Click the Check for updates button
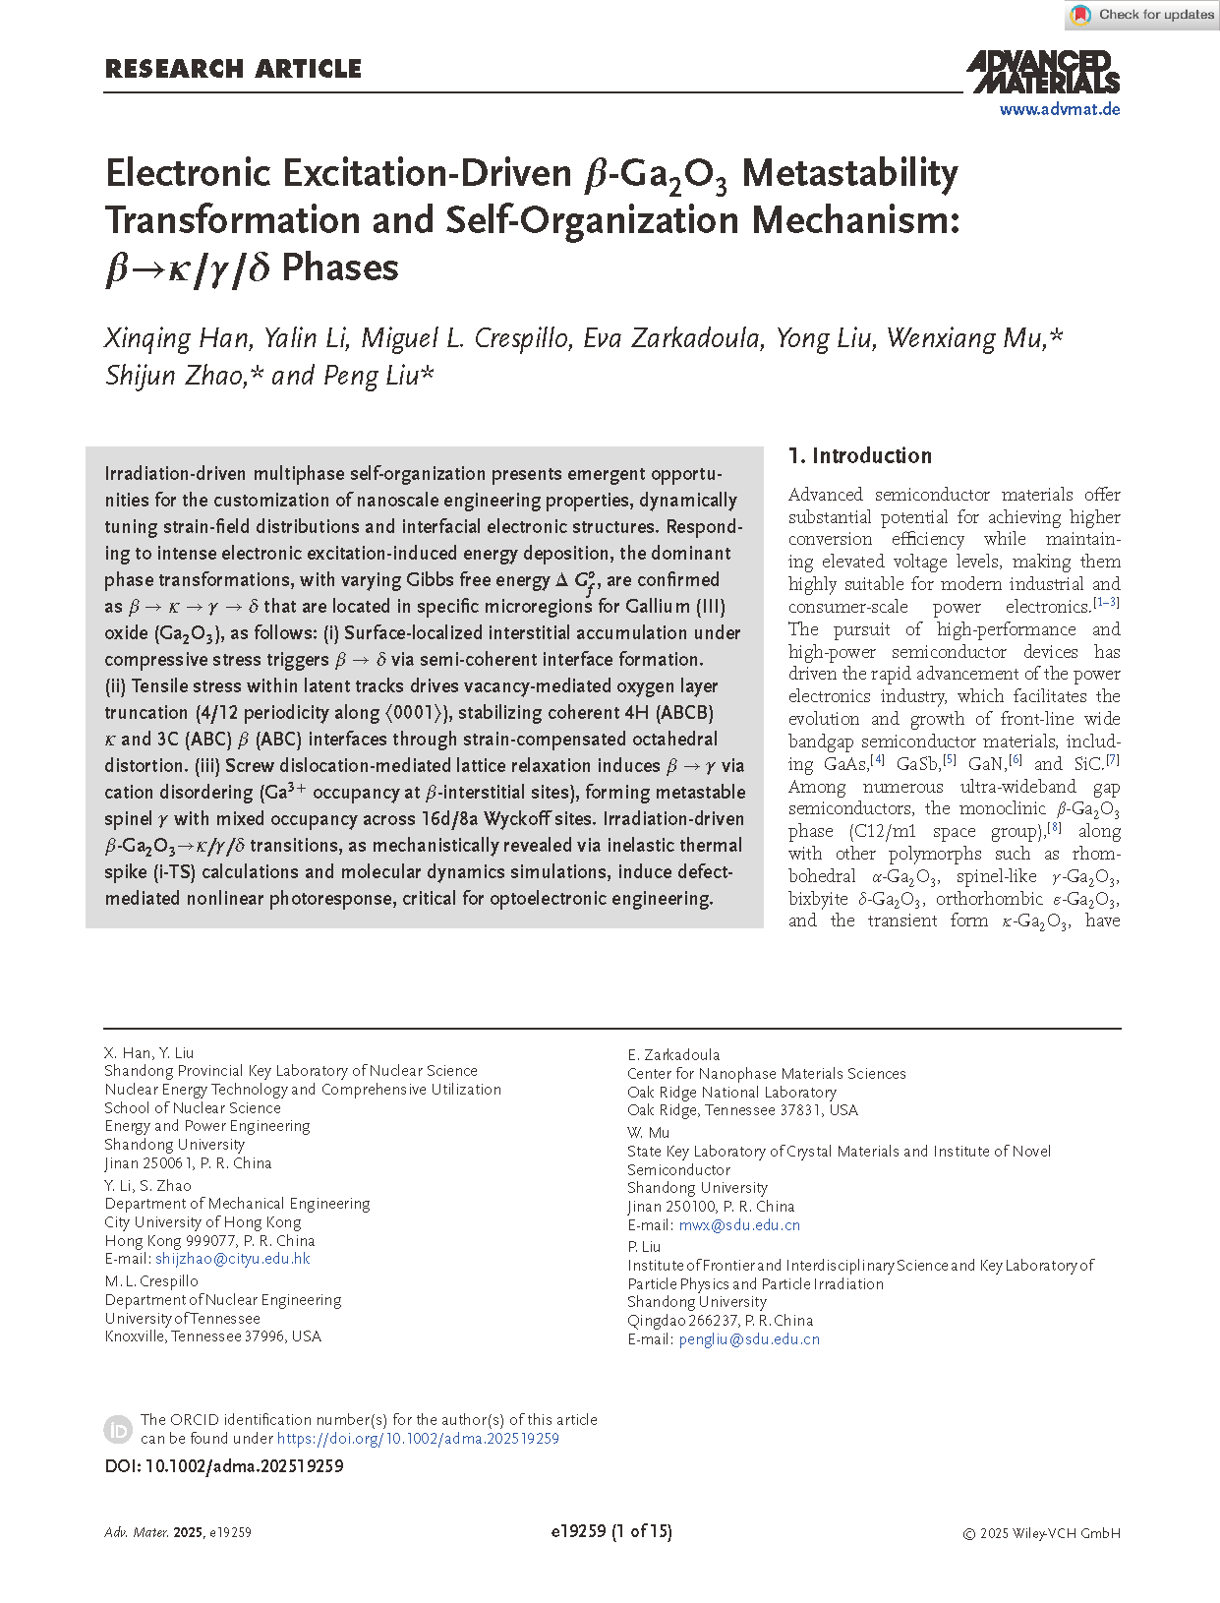[1143, 15]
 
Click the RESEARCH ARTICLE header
[233, 69]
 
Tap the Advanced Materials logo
[1043, 72]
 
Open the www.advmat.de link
[1060, 109]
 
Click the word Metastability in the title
[849, 173]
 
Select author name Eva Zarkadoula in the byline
[671, 338]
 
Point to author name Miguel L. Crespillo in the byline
[465, 338]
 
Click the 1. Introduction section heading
[860, 455]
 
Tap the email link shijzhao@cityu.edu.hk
[233, 1259]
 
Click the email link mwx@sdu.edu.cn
[739, 1225]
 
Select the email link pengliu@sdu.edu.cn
[749, 1339]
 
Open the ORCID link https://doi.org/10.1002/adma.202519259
[418, 1439]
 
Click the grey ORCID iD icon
[118, 1429]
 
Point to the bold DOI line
[224, 1466]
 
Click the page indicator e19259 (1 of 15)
[611, 1531]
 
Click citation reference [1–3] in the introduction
[1106, 603]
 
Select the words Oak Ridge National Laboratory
[731, 1093]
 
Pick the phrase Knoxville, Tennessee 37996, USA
[213, 1336]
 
